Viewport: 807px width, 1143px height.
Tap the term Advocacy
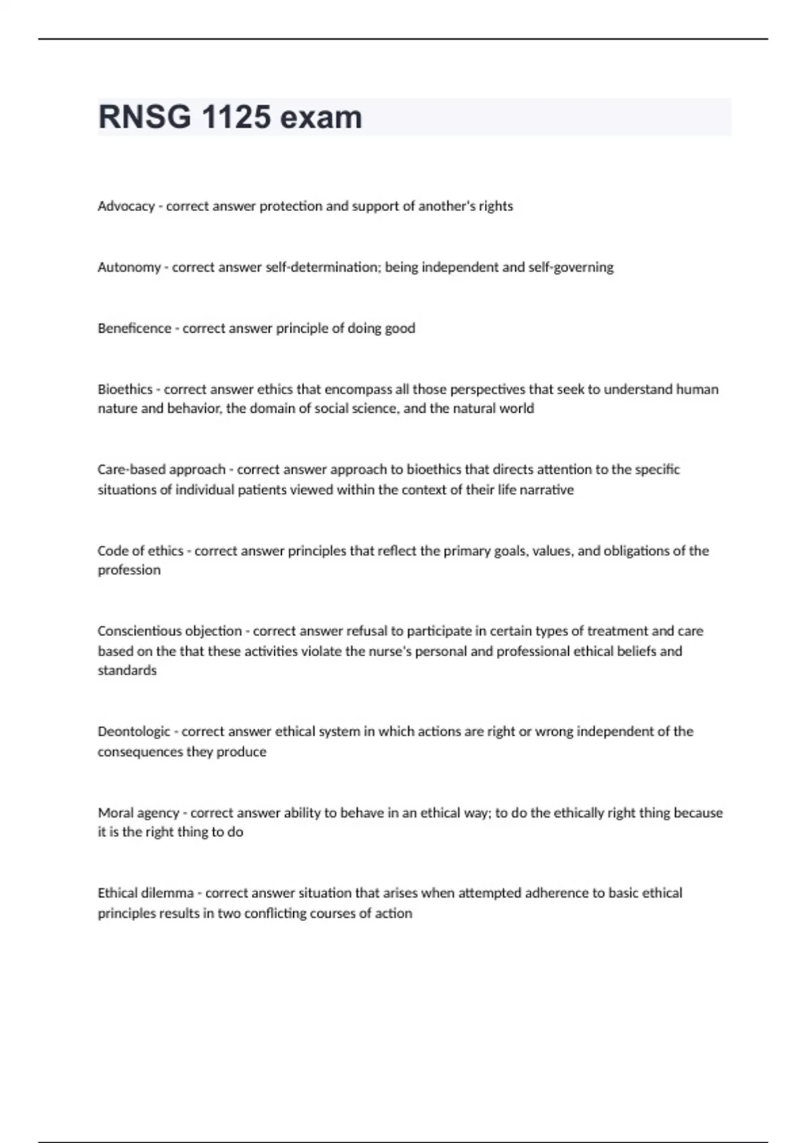(x=126, y=206)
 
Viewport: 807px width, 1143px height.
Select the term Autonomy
(x=129, y=268)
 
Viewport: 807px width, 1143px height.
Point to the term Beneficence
(x=134, y=329)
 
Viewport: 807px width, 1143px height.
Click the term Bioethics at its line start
(x=125, y=390)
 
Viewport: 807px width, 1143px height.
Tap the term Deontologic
(x=134, y=732)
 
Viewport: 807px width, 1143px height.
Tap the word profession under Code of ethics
(x=129, y=570)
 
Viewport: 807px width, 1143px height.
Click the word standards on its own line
(x=127, y=670)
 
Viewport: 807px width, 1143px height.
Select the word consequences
(x=140, y=752)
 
